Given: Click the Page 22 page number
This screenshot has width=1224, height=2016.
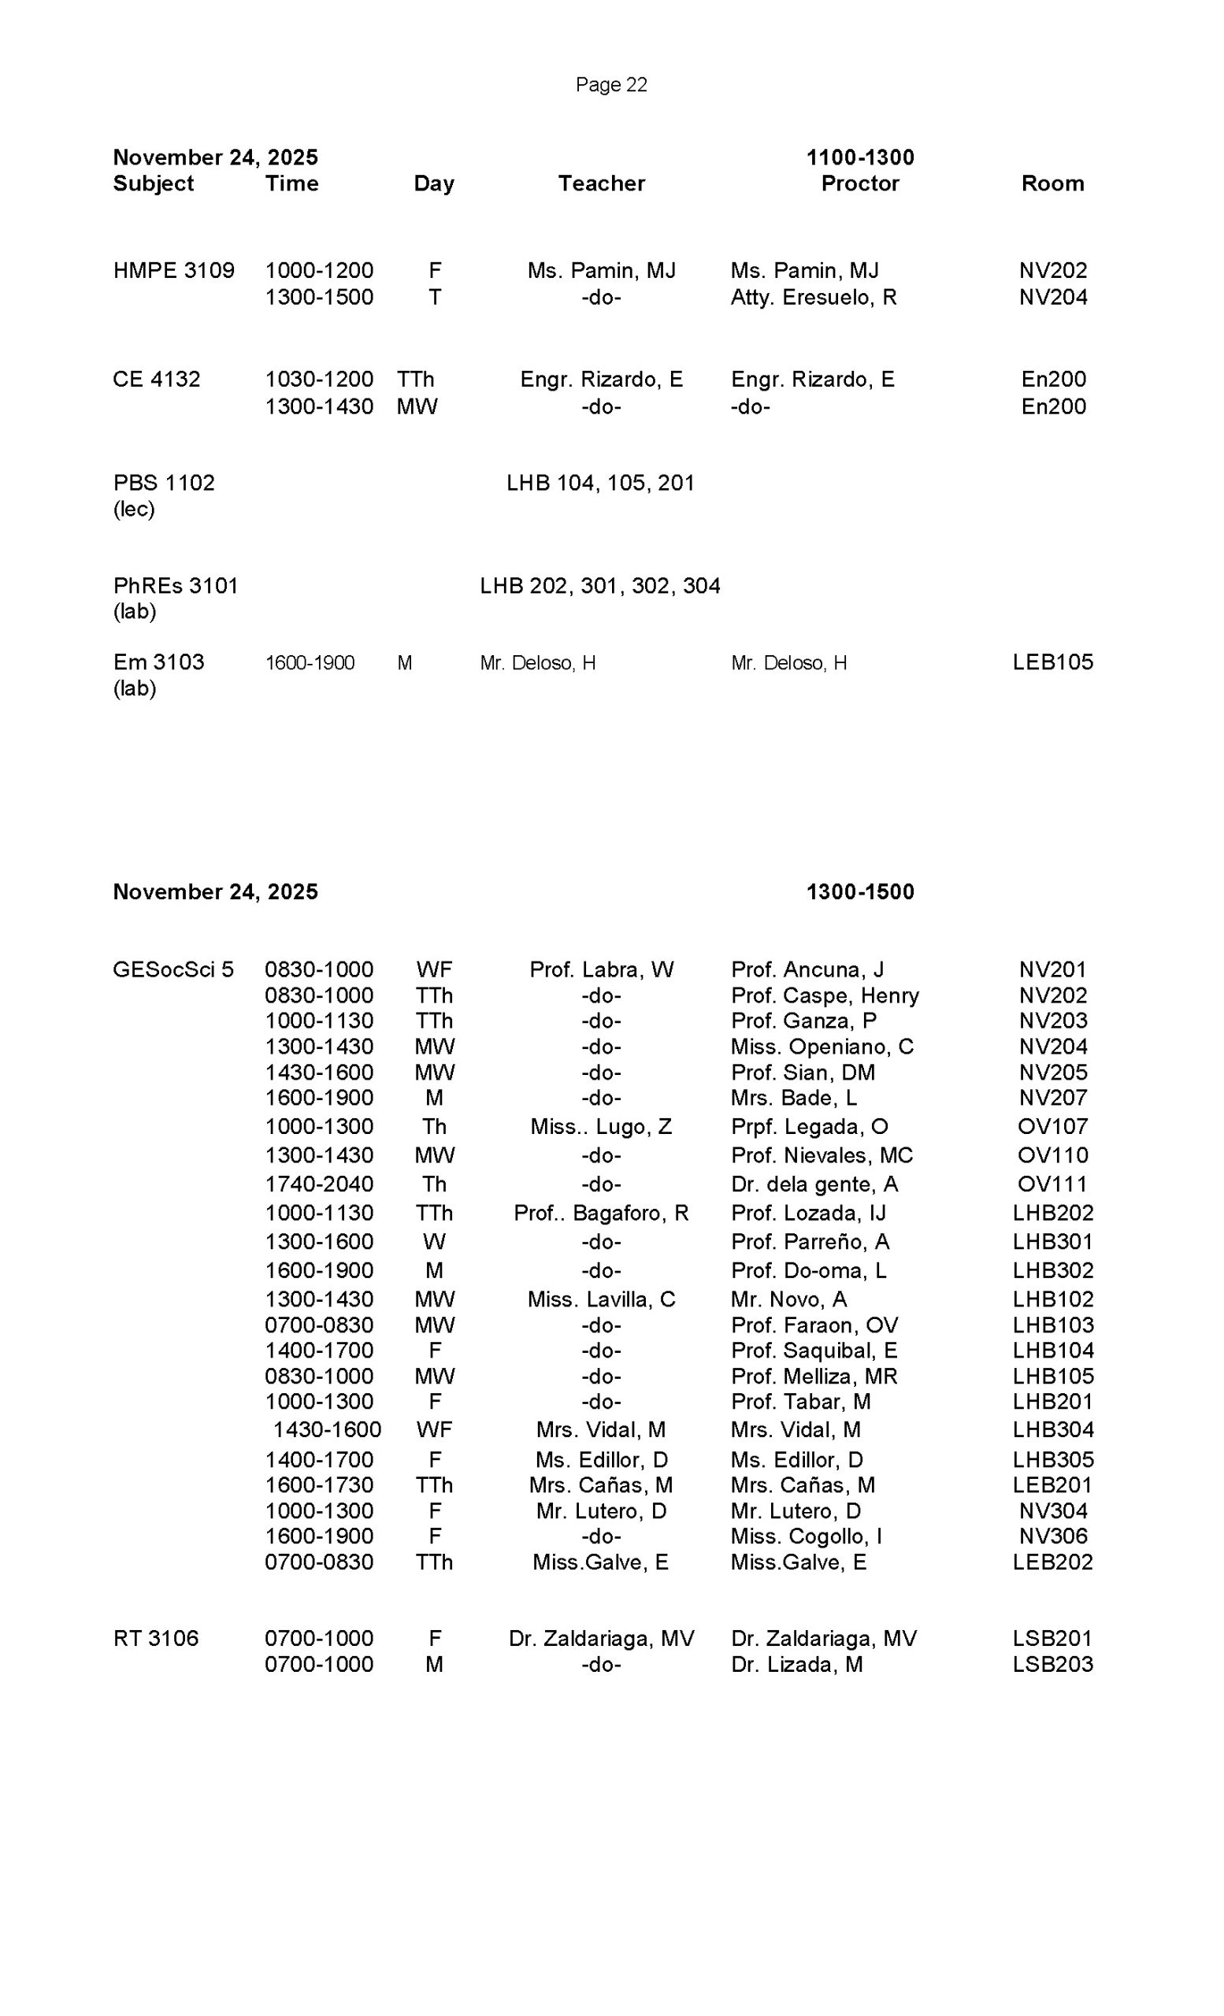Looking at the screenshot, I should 610,85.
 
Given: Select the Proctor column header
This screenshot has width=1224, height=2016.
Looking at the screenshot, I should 859,183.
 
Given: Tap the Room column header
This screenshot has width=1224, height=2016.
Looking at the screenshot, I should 1052,183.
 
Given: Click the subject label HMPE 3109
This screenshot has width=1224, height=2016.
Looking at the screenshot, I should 173,271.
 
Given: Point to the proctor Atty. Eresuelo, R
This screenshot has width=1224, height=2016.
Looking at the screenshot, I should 814,298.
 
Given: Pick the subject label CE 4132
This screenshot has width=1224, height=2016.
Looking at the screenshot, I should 156,380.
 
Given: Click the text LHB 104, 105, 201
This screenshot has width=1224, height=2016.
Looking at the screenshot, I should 599,483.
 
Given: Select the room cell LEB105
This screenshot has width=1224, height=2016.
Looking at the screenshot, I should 1052,662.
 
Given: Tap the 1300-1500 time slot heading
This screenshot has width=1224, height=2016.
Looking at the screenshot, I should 859,891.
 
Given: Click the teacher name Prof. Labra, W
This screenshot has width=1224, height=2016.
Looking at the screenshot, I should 600,969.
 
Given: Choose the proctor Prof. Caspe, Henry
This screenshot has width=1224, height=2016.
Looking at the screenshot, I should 824,995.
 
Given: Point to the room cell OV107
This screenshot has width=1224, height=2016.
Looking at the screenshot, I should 1052,1127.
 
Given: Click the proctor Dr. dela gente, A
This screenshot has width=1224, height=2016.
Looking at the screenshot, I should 814,1184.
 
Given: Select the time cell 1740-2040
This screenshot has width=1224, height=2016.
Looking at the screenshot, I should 318,1184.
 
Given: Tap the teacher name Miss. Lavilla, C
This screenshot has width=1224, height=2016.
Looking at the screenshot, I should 600,1299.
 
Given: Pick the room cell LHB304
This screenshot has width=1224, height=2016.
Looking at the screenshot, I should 1052,1429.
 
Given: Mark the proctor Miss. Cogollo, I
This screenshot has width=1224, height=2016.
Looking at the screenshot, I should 806,1536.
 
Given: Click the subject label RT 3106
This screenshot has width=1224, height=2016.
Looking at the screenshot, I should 155,1638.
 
